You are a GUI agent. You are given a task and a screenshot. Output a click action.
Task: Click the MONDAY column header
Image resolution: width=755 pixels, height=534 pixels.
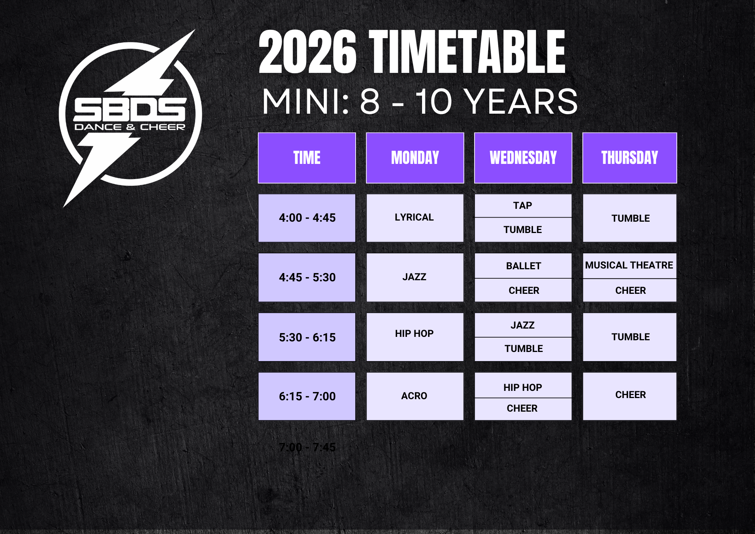click(x=415, y=158)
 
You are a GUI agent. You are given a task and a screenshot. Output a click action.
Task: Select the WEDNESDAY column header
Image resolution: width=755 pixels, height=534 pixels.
click(x=523, y=158)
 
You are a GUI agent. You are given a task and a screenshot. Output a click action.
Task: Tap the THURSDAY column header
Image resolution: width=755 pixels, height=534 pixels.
click(x=630, y=158)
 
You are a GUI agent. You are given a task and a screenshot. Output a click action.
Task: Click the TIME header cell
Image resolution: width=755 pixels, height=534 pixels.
click(x=307, y=158)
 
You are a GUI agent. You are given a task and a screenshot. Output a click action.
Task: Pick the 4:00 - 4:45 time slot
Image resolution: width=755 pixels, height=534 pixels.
click(x=307, y=218)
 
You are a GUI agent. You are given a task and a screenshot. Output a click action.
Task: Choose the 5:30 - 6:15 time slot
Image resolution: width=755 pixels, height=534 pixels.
click(x=307, y=337)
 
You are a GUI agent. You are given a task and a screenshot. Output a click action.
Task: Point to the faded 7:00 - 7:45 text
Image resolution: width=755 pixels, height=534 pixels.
click(x=307, y=447)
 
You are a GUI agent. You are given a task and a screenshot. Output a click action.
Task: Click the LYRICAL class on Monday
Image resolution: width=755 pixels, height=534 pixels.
click(x=415, y=218)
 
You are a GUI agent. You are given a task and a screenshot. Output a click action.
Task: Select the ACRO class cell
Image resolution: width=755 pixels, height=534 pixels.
click(x=415, y=396)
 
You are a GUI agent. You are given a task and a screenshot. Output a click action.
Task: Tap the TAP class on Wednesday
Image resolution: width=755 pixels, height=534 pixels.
click(x=523, y=206)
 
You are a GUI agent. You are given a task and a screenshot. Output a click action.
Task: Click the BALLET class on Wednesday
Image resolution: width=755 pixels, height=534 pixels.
click(x=523, y=266)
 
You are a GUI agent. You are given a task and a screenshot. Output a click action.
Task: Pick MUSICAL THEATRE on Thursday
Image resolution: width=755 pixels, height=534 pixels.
click(x=630, y=265)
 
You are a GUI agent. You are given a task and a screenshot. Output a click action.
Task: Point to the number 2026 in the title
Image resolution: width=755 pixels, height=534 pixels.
click(x=308, y=52)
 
